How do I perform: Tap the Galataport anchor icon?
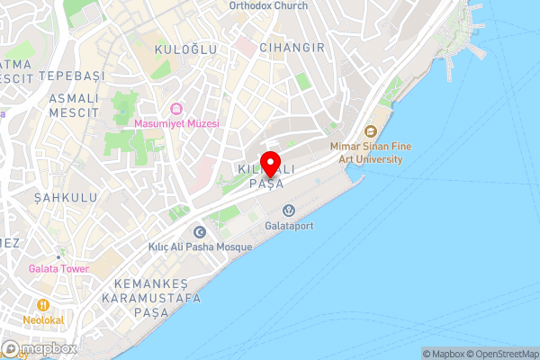(x=272, y=211)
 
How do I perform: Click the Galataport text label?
(x=290, y=227)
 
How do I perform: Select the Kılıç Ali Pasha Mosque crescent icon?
(x=200, y=231)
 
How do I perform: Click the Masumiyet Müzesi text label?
(x=176, y=123)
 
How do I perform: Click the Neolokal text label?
(x=43, y=319)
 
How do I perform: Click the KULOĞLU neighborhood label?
(x=186, y=49)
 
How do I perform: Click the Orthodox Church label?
(x=268, y=5)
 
